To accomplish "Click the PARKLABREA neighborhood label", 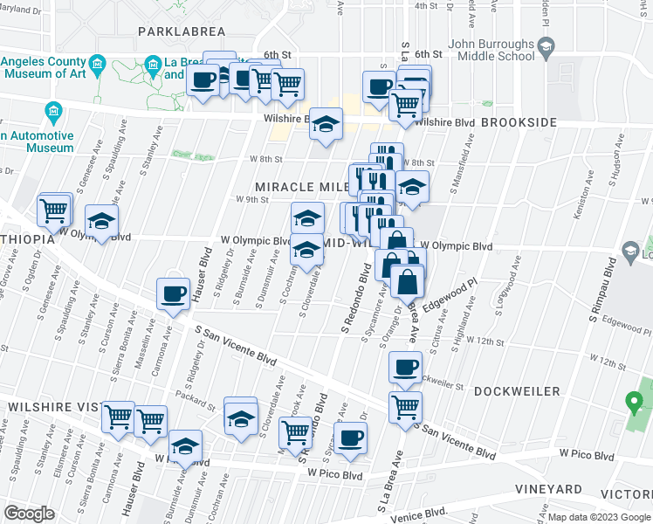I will pyautogui.click(x=182, y=31).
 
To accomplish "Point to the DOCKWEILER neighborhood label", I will pyautogui.click(x=517, y=391).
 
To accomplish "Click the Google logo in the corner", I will pyautogui.click(x=29, y=514).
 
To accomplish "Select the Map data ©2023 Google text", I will pyautogui.click(x=599, y=517).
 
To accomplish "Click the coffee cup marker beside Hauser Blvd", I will pyautogui.click(x=173, y=294).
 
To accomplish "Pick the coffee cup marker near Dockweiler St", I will pyautogui.click(x=404, y=368).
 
